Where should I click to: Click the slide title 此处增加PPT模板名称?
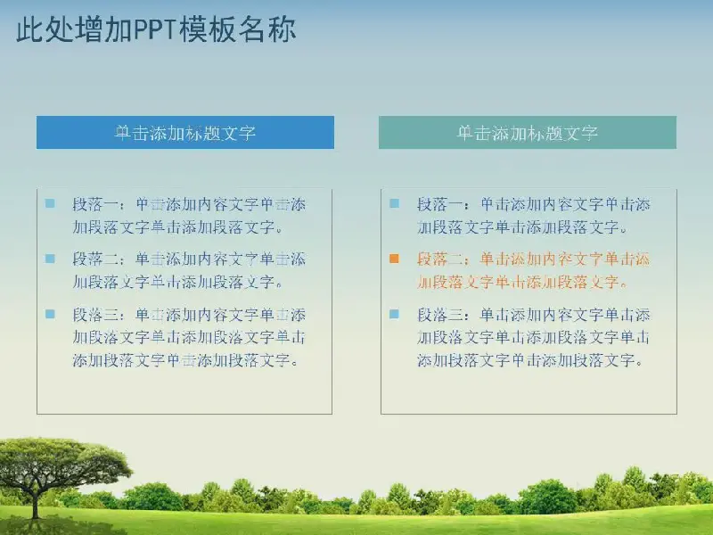156,29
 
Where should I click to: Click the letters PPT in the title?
154,29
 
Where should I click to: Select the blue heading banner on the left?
185,132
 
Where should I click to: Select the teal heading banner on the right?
528,132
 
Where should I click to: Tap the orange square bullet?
394,259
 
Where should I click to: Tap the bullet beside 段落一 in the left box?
50,203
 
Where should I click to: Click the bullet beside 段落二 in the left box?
50,259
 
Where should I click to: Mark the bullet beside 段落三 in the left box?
50,314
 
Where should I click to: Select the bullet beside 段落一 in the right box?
394,203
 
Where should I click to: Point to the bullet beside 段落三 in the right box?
394,314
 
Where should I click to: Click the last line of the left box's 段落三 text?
185,360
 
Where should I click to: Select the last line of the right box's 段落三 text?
530,360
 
